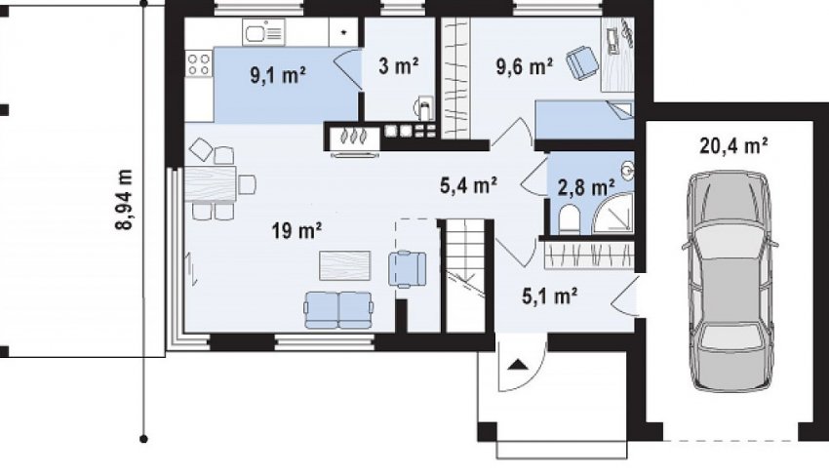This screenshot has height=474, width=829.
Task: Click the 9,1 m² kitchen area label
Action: pyautogui.click(x=278, y=75)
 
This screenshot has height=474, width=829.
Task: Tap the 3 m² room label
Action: pyautogui.click(x=399, y=66)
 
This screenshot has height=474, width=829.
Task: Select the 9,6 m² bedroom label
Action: pyautogui.click(x=525, y=66)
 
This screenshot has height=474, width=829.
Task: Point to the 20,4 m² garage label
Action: pyautogui.click(x=733, y=145)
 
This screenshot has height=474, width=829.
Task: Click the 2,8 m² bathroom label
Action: pyautogui.click(x=586, y=187)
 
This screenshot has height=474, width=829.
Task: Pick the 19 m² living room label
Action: pyautogui.click(x=297, y=230)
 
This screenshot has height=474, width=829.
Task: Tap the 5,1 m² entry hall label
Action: pyautogui.click(x=549, y=296)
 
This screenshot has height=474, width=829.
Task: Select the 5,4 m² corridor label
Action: pyautogui.click(x=468, y=185)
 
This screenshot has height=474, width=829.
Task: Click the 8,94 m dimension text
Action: pyautogui.click(x=125, y=199)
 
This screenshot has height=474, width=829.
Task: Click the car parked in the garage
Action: pyautogui.click(x=730, y=280)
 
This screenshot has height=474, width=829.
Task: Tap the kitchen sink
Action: pyautogui.click(x=264, y=32)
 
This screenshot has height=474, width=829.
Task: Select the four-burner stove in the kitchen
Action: pyautogui.click(x=198, y=64)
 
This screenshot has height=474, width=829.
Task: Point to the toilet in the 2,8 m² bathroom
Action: pyautogui.click(x=570, y=219)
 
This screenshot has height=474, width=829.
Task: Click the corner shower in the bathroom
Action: pyautogui.click(x=613, y=212)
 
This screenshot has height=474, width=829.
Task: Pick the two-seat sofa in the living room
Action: pyautogui.click(x=338, y=310)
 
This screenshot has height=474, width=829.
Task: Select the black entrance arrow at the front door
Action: pyautogui.click(x=518, y=365)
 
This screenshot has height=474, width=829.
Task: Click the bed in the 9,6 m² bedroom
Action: pyautogui.click(x=584, y=119)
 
